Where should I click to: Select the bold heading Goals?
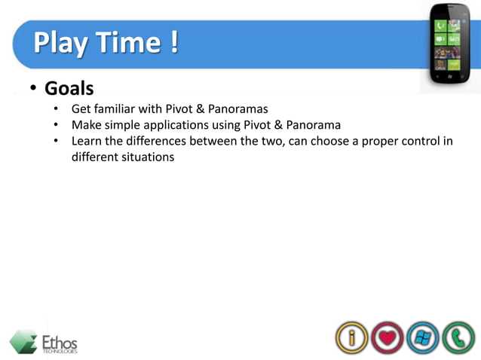[69, 89]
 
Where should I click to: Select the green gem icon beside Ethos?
[23, 341]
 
